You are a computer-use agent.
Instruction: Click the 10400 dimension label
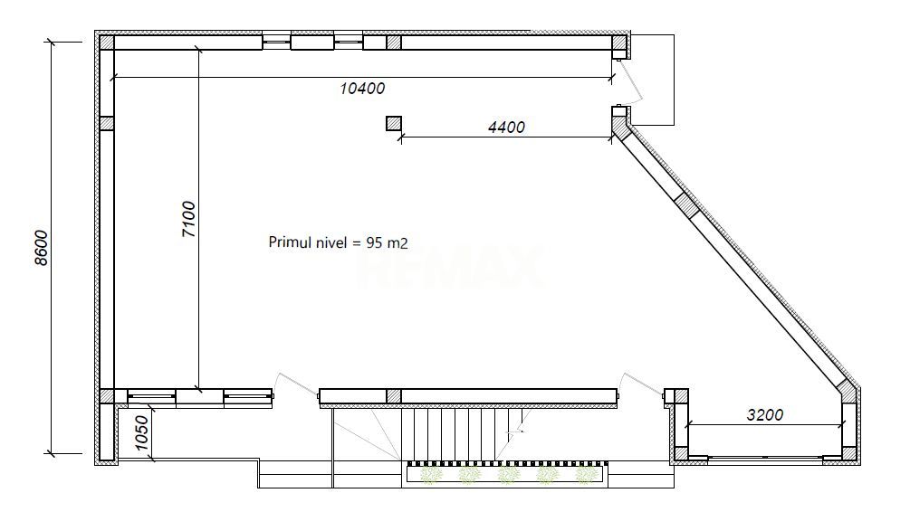[x=362, y=89]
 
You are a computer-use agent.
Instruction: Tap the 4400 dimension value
[x=506, y=127]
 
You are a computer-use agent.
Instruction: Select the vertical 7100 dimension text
[x=189, y=219]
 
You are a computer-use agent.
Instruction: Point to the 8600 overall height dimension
[x=41, y=248]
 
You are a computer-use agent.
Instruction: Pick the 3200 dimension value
[x=764, y=415]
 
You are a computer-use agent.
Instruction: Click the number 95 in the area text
[x=374, y=242]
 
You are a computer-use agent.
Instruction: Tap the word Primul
[x=287, y=242]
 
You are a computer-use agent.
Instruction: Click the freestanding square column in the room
[x=394, y=123]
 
